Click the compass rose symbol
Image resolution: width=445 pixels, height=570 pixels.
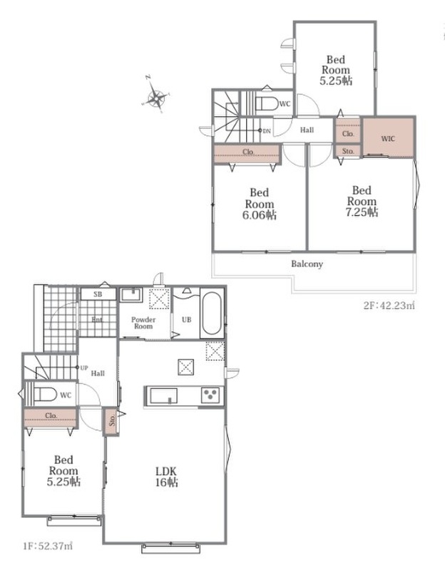155,96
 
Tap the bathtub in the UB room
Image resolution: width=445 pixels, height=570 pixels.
211,313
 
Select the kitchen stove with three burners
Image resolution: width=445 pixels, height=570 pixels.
210,395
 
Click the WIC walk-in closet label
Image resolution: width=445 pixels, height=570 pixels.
388,138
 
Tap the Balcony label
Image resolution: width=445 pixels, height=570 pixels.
307,264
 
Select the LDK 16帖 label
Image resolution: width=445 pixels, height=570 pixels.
167,477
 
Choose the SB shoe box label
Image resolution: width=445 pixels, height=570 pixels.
98,294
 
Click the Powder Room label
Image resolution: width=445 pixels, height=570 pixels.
143,323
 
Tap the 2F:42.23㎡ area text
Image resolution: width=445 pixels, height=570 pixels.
389,306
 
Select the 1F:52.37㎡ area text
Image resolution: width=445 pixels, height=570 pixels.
47,546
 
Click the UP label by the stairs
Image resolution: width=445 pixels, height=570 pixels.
84,368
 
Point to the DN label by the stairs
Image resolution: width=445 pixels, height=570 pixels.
267,131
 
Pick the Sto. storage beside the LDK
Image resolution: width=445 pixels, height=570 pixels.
111,421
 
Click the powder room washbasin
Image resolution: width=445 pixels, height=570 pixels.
132,294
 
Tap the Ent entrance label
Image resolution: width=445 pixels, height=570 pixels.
97,320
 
